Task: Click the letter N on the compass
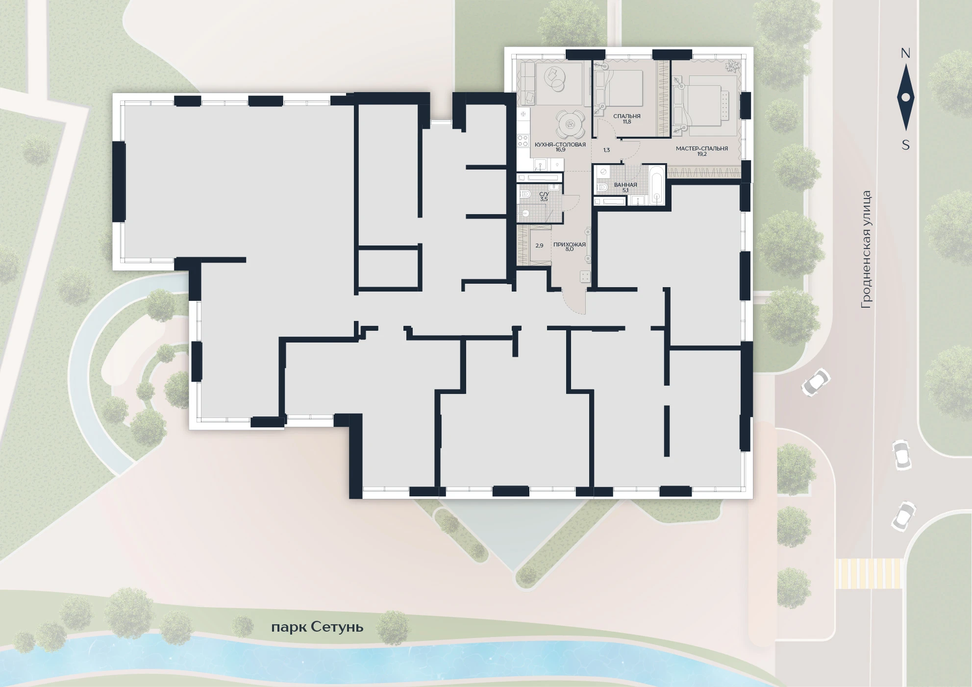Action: pyautogui.click(x=905, y=53)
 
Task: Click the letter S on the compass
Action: pyautogui.click(x=906, y=146)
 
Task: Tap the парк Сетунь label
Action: pyautogui.click(x=318, y=627)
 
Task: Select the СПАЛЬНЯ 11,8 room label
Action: pyautogui.click(x=627, y=119)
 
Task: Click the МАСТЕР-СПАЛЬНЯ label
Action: pyautogui.click(x=701, y=148)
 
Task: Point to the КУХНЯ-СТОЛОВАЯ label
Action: pyautogui.click(x=560, y=145)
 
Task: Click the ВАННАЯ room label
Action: pyautogui.click(x=625, y=185)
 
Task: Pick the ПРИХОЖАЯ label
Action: pyautogui.click(x=569, y=244)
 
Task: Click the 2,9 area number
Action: pyautogui.click(x=539, y=245)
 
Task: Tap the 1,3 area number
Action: pyautogui.click(x=606, y=150)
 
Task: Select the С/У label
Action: pyautogui.click(x=544, y=194)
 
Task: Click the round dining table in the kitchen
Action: pyautogui.click(x=570, y=124)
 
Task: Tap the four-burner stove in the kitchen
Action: pyautogui.click(x=523, y=141)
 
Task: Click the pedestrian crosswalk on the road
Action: pyautogui.click(x=869, y=573)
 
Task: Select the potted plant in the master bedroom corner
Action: pyautogui.click(x=731, y=67)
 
